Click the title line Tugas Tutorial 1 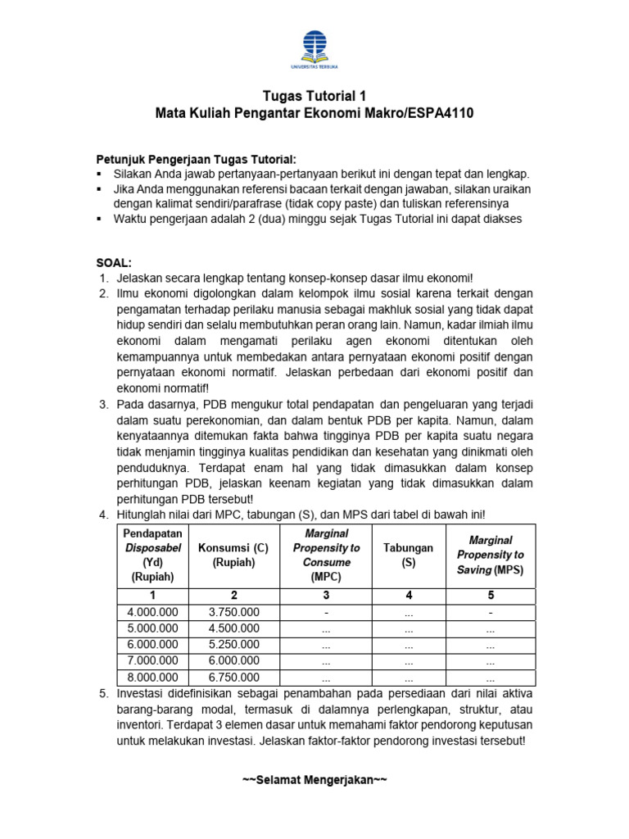click(314, 96)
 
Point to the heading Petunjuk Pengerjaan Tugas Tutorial click(196, 158)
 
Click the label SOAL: click(115, 262)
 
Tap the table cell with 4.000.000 click(152, 611)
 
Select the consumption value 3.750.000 click(233, 611)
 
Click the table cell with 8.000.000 click(152, 677)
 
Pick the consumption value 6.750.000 click(233, 677)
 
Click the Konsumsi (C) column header click(233, 555)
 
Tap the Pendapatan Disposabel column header click(152, 555)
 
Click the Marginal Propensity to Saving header click(490, 555)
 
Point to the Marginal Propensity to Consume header click(326, 555)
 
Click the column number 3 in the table click(326, 595)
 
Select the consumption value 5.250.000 click(233, 644)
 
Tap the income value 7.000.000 click(152, 660)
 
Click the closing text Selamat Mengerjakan click(314, 779)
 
